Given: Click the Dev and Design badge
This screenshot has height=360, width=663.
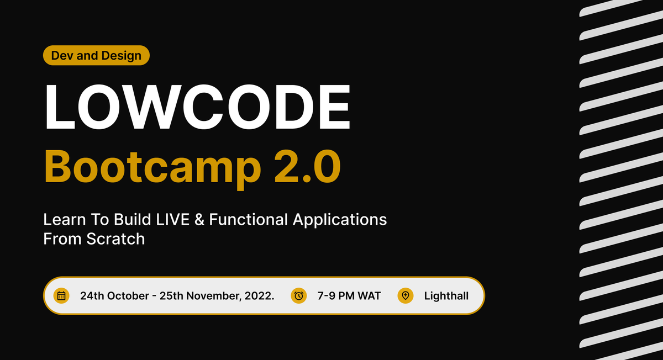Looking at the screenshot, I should tap(96, 55).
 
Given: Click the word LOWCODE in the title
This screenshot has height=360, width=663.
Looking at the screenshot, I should tap(197, 106).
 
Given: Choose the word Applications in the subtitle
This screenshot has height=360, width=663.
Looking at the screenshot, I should tap(340, 220).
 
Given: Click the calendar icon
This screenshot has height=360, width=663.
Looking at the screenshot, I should tap(61, 295).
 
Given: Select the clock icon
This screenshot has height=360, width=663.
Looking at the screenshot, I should tap(298, 295).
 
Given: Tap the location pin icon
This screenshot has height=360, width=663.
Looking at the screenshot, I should tap(406, 295).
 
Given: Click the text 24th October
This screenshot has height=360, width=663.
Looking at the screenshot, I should tap(113, 296).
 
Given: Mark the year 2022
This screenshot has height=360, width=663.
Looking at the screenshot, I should tap(259, 296).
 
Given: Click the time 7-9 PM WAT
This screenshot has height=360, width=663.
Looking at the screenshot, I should tap(349, 296).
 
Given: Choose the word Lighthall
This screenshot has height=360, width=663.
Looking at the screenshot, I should tap(446, 296).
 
